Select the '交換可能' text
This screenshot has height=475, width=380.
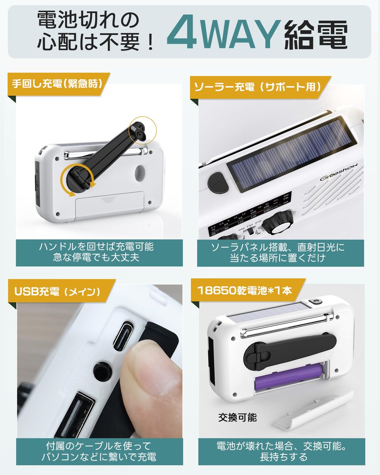click(237, 417)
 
